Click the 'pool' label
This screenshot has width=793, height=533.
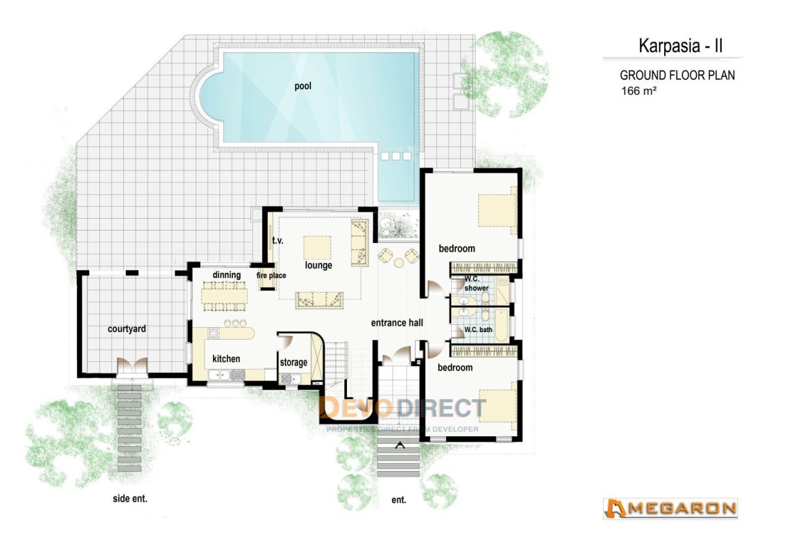[303, 86]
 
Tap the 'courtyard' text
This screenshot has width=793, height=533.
[127, 329]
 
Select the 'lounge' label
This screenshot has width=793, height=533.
[318, 265]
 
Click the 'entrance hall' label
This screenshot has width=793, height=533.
[397, 323]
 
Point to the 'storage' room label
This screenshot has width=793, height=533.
[294, 363]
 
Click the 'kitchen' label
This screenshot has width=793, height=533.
[226, 359]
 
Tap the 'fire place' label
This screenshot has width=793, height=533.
[271, 276]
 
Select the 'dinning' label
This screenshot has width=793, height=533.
[227, 275]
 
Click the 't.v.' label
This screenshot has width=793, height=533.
[278, 241]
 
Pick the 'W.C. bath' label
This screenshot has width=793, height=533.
[478, 329]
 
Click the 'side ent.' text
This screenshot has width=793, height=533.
[130, 499]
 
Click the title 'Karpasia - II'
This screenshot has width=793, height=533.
[680, 46]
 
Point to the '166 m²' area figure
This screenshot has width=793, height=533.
[639, 91]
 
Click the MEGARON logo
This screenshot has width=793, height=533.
[670, 509]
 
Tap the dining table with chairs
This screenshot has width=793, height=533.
[224, 296]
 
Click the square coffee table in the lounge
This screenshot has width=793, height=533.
[317, 247]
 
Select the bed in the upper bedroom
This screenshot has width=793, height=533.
[497, 210]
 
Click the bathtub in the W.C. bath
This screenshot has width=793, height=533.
[501, 325]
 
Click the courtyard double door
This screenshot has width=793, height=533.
[132, 365]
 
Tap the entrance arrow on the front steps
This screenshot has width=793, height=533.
[400, 446]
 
